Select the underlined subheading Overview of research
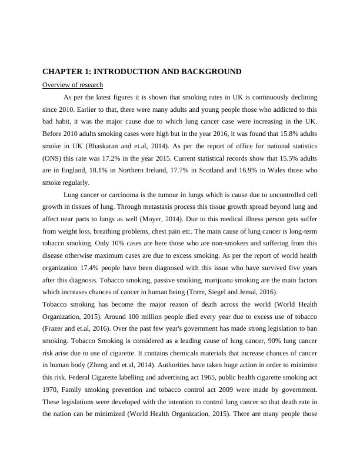click(72, 85)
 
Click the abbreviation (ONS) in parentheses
click(53, 158)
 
